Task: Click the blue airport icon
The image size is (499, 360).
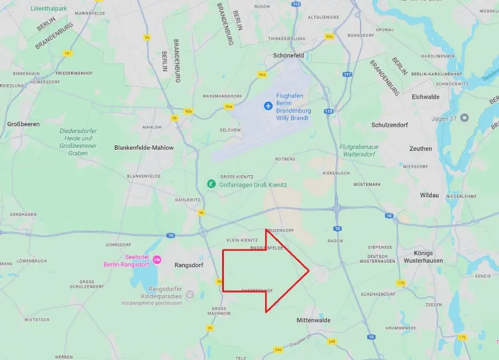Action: pos(268,105)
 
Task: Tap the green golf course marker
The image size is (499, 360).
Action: pos(212,184)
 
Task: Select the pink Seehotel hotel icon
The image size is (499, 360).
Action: pos(157,259)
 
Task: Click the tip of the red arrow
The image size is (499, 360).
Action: pos(309,271)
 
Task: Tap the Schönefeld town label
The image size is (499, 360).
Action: pos(288,55)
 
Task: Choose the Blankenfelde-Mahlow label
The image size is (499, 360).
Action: pos(144,148)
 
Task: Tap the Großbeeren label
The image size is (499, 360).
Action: pos(23,124)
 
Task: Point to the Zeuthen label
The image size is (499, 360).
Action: pos(420,148)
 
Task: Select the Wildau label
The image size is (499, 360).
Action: pos(429,195)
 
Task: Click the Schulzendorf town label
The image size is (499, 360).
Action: pos(389,125)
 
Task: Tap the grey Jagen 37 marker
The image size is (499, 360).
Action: pos(463,119)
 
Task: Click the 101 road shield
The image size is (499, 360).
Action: pos(67,54)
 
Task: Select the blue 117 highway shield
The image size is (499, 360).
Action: pos(347,75)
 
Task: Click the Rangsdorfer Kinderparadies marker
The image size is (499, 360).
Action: pos(190,294)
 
